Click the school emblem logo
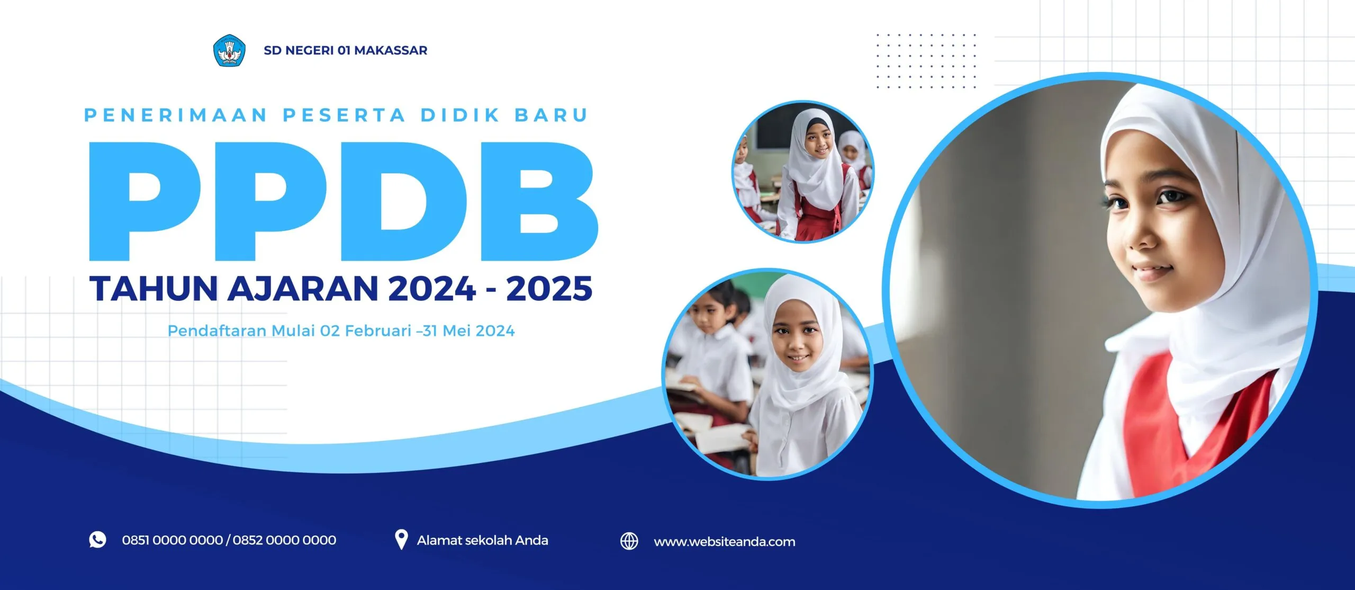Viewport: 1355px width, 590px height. point(229,50)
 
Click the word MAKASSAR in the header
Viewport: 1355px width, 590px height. point(391,50)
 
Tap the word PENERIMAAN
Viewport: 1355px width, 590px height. point(176,115)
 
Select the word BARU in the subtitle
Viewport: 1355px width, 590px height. point(552,115)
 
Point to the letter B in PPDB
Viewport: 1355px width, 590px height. point(539,201)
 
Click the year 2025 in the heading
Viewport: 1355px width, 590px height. point(549,289)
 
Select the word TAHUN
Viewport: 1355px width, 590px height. point(154,289)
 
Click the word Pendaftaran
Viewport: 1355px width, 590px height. point(217,331)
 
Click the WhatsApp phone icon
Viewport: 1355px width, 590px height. point(97,540)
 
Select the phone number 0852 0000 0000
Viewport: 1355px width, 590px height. point(284,540)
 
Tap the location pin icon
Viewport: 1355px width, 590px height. point(401,540)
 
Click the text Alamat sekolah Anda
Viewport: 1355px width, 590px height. point(482,540)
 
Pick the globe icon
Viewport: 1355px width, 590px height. point(629,541)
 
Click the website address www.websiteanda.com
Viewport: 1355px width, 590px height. point(725,542)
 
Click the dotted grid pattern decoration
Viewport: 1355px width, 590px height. point(926,61)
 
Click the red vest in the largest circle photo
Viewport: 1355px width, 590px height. point(1191,418)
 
